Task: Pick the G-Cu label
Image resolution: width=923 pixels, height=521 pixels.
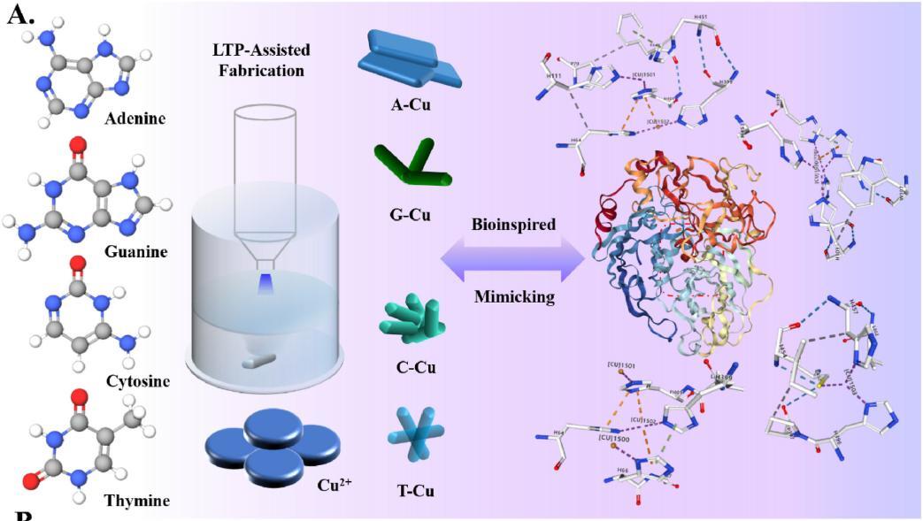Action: (410, 213)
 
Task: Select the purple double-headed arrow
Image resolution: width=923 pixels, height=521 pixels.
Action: (513, 261)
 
